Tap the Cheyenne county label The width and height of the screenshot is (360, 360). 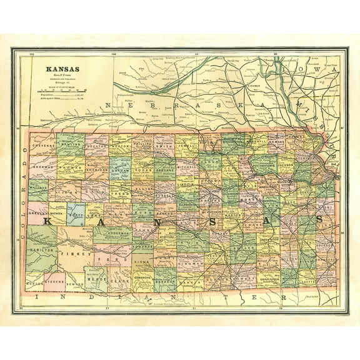[x=42, y=146]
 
